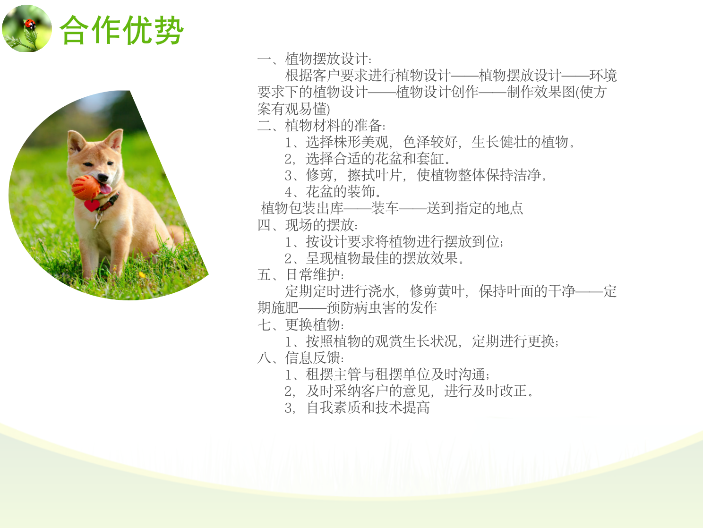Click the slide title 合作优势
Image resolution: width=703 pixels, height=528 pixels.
tap(122, 30)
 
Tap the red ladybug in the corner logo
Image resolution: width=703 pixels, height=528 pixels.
tap(30, 24)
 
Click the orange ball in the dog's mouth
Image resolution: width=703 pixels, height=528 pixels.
tap(86, 187)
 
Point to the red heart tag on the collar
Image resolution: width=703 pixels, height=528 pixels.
tap(92, 205)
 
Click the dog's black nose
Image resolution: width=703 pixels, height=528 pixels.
tap(103, 177)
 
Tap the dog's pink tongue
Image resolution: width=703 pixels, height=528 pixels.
tap(106, 189)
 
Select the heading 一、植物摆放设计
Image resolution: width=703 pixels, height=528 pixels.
tap(315, 59)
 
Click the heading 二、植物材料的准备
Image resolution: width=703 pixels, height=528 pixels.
tap(322, 125)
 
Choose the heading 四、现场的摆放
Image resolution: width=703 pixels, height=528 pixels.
tap(308, 225)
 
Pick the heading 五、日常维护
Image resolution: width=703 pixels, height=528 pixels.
tap(301, 274)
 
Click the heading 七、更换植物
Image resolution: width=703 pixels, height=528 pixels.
tap(301, 324)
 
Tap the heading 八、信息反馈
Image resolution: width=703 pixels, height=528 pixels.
tap(301, 358)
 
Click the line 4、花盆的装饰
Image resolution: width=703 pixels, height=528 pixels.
tap(333, 192)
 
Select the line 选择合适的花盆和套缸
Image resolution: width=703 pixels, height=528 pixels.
tap(378, 158)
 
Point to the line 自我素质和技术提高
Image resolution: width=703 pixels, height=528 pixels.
tap(368, 408)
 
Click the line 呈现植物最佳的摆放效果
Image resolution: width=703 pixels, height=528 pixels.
tap(385, 258)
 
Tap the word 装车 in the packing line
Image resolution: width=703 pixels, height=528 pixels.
tap(385, 208)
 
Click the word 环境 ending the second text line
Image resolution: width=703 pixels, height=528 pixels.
tap(603, 76)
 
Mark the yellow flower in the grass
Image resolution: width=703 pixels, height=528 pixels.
tap(142, 274)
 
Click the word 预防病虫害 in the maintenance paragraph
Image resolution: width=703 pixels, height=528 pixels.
tap(361, 308)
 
